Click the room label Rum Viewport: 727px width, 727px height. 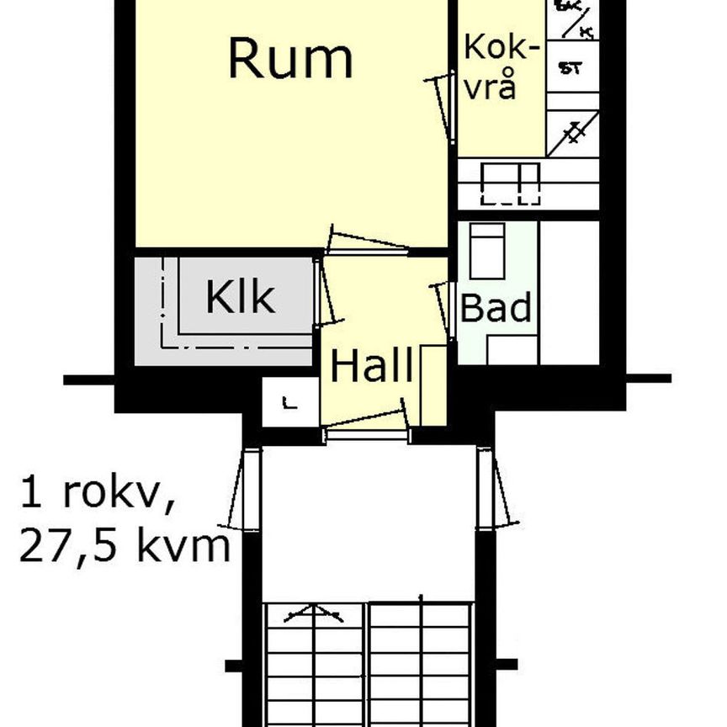pos(290,59)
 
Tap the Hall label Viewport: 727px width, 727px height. pos(371,367)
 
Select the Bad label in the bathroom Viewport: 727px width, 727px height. pos(496,308)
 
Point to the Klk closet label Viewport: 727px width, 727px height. pos(240,297)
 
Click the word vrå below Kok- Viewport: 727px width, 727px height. pos(490,87)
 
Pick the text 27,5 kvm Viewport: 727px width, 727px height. pos(125,547)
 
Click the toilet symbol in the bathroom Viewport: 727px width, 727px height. pos(486,251)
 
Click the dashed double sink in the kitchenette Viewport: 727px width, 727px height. pos(509,183)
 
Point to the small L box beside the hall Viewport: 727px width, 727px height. pos(290,403)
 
